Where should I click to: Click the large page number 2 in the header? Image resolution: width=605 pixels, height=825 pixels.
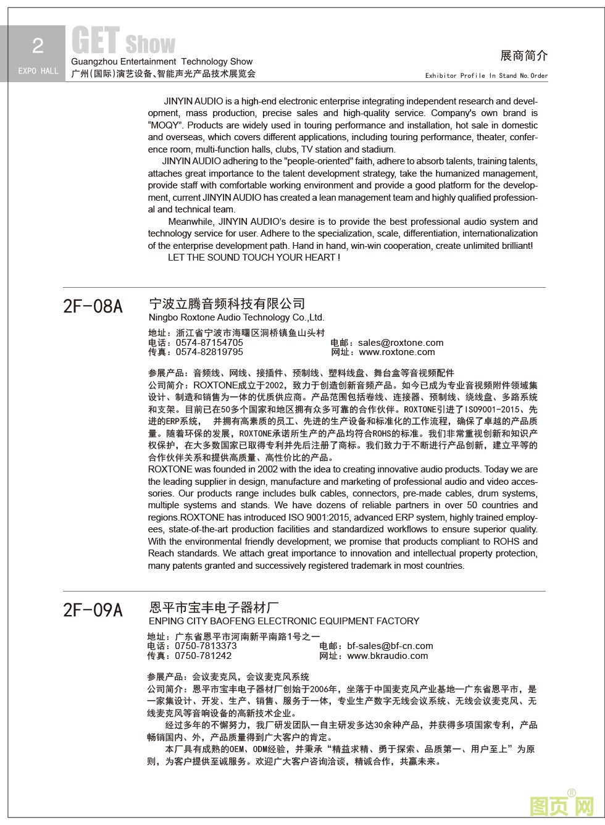coord(38,46)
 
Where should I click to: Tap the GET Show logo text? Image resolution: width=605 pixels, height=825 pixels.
coord(123,41)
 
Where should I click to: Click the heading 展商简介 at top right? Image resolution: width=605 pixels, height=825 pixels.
coord(524,56)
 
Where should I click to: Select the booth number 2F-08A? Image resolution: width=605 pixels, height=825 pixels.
coord(93,306)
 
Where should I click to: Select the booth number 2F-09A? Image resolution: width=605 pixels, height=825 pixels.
coord(93,610)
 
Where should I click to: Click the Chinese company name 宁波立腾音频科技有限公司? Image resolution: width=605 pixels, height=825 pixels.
coord(227,304)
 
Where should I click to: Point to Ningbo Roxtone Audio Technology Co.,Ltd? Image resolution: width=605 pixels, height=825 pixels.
coord(236,317)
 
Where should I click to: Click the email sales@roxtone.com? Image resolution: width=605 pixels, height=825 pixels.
coord(400,343)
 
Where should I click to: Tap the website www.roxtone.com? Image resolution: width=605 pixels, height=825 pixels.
coord(396,352)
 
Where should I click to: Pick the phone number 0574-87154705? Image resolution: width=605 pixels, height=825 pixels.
coord(209,343)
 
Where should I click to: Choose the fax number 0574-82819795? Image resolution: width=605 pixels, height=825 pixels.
coord(209,352)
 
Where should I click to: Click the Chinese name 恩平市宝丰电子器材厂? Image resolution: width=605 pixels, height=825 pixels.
coord(214,608)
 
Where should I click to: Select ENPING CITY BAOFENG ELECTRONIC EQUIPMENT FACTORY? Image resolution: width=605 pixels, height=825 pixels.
coord(284,621)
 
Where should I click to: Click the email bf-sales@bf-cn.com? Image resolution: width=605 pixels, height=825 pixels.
coord(390,646)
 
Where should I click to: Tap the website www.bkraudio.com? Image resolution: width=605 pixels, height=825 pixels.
coord(387,656)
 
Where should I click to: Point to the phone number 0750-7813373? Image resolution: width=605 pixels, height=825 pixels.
coord(206,646)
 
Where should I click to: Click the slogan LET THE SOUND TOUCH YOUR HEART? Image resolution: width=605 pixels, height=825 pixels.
coord(253,258)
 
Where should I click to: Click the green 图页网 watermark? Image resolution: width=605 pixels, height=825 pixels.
coord(561,805)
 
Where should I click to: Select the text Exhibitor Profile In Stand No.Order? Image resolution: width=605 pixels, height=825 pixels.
coord(486,76)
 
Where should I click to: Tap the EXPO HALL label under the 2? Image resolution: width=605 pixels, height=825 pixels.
coord(38,71)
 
